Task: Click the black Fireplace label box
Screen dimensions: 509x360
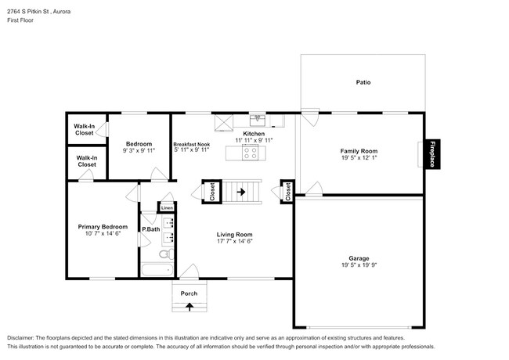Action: (x=432, y=154)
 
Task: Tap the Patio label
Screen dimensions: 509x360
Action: (x=363, y=82)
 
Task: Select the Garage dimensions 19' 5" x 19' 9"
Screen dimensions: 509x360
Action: (x=359, y=265)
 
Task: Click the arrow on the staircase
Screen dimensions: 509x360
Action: (x=241, y=192)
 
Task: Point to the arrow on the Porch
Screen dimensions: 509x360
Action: (x=190, y=307)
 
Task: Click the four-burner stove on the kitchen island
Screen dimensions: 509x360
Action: (x=251, y=153)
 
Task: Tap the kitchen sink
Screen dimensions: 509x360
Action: (x=258, y=121)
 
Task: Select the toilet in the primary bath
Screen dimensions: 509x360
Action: (x=167, y=254)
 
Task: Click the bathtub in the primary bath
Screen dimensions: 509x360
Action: (x=157, y=270)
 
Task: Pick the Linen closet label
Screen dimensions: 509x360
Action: (x=167, y=208)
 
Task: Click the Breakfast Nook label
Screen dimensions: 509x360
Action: (x=192, y=144)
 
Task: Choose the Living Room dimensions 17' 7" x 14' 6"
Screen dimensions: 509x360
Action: (x=235, y=241)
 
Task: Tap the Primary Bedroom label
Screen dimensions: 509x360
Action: (x=103, y=227)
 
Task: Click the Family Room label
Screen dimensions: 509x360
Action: (x=359, y=151)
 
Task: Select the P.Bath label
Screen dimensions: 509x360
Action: (x=151, y=229)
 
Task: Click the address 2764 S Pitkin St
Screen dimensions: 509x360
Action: (x=28, y=12)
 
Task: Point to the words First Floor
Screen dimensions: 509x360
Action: (x=20, y=20)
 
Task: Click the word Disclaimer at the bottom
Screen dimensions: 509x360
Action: (x=20, y=338)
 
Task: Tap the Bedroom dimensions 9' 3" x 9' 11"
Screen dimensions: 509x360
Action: (x=139, y=150)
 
